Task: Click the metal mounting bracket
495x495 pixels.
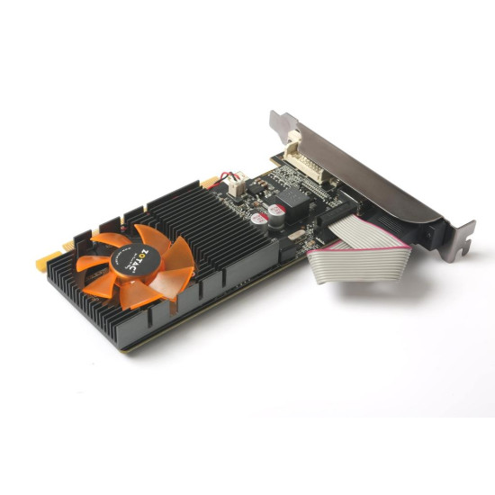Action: pos(378,180)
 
